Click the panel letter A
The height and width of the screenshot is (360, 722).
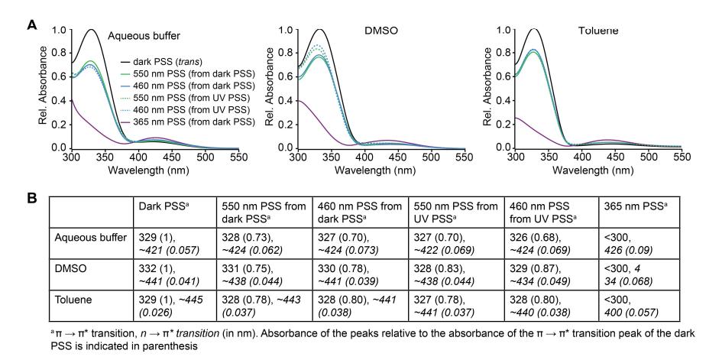coord(32,24)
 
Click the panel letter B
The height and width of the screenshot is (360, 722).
coord(32,198)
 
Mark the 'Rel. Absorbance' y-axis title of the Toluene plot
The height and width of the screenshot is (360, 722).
coord(487,89)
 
